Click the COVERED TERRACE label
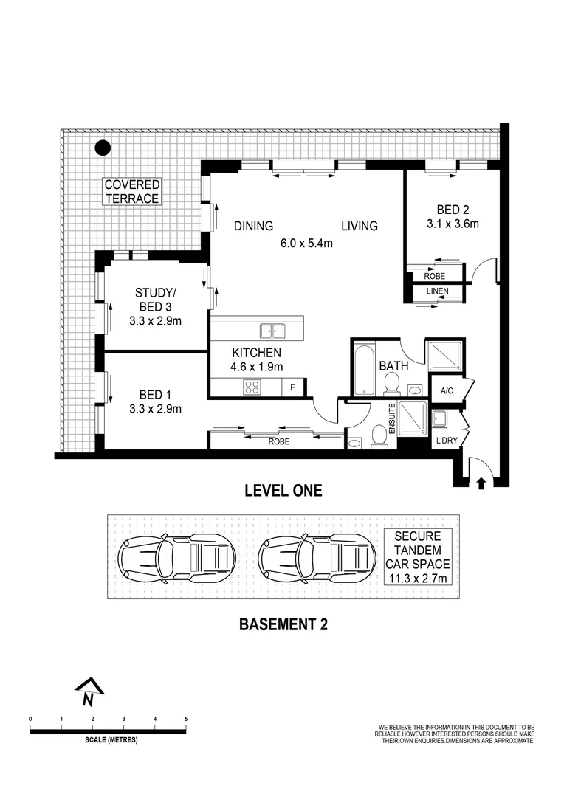tap(131, 192)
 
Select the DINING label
tap(254, 226)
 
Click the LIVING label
tap(360, 226)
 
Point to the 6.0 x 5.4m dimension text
tap(307, 243)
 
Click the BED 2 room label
tap(452, 209)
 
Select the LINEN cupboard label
tap(436, 291)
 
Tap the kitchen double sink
tap(272, 331)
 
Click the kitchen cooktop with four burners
tap(252, 386)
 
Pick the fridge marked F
tap(292, 386)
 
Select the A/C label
tap(447, 390)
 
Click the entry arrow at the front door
tap(481, 483)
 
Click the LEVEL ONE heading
tap(283, 491)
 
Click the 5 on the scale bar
tap(186, 719)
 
